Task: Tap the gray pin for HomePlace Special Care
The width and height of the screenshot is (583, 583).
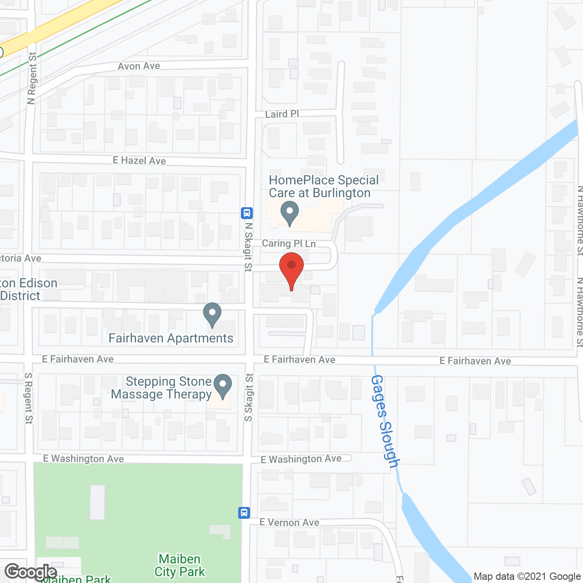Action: (289, 213)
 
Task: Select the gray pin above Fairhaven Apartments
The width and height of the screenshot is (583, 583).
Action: (212, 314)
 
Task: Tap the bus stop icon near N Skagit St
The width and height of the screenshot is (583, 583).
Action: (247, 213)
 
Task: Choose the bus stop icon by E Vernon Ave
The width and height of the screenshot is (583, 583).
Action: (244, 513)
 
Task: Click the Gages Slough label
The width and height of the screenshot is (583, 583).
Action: (385, 421)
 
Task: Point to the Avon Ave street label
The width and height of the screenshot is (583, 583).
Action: (139, 66)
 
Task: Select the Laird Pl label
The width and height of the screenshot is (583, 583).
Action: (282, 114)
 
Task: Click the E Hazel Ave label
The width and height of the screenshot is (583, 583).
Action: (139, 160)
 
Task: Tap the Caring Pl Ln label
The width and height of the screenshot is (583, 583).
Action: (289, 244)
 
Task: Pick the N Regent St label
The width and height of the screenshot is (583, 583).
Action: (31, 78)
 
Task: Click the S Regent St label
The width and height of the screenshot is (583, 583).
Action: (29, 398)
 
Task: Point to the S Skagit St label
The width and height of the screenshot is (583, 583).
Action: (249, 397)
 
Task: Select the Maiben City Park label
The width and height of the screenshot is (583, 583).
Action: (180, 565)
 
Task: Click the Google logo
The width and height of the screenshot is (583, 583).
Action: (31, 572)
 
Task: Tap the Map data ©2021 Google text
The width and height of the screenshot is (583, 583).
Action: (527, 577)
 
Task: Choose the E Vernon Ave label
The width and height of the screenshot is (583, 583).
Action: (289, 522)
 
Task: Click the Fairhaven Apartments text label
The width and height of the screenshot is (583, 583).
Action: (171, 338)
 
